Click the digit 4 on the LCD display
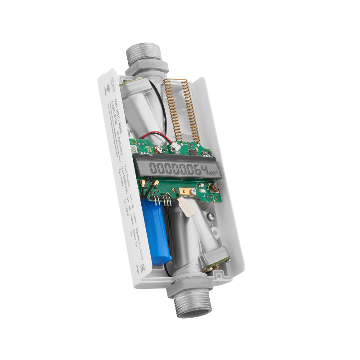205,170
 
